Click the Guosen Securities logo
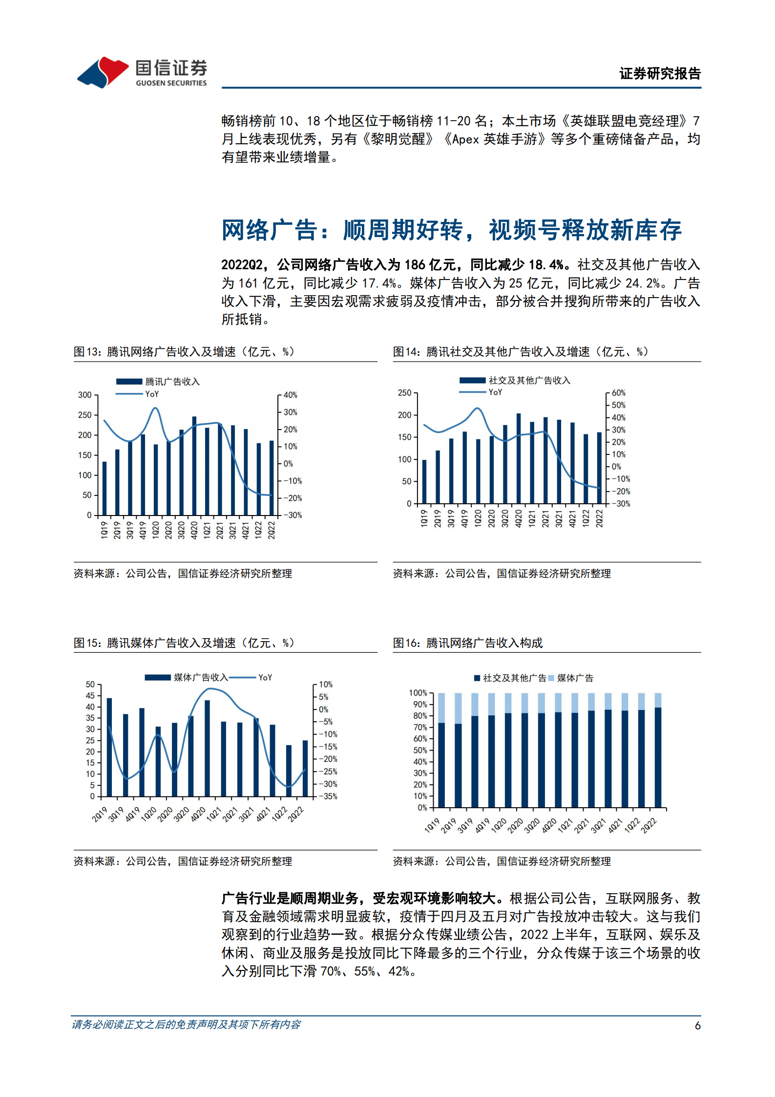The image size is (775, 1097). (x=142, y=72)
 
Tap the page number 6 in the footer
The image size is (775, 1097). (x=697, y=1025)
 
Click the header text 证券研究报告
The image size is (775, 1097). (x=660, y=74)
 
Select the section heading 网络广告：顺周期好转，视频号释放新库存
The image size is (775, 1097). (x=451, y=230)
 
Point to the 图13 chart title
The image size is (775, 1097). (x=184, y=352)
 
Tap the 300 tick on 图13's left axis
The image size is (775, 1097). (x=85, y=395)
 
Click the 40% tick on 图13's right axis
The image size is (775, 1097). (x=290, y=395)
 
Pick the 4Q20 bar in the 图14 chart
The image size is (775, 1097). (x=519, y=458)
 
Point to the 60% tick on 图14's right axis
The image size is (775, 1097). (x=618, y=393)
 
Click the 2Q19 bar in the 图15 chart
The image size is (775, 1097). (x=109, y=747)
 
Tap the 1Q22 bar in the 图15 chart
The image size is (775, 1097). (x=289, y=771)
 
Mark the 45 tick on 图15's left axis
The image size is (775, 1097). (x=90, y=696)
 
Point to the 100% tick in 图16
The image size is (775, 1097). (x=418, y=693)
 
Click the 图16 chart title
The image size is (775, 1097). (x=468, y=643)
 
